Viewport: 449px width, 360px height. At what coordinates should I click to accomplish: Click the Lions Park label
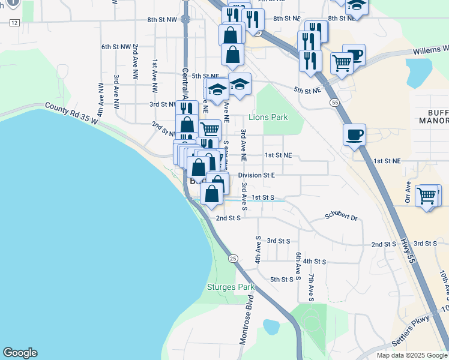[268, 118]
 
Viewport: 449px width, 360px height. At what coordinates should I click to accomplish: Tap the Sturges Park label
[231, 287]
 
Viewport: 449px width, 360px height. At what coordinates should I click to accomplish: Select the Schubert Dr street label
[341, 216]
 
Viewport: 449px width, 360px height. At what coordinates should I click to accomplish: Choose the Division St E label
[256, 175]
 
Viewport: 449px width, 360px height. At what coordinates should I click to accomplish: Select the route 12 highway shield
[14, 22]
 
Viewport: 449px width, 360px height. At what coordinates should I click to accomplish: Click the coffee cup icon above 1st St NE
[354, 134]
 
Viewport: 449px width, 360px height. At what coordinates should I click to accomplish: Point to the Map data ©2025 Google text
[412, 355]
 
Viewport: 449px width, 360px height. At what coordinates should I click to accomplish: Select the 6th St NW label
[116, 46]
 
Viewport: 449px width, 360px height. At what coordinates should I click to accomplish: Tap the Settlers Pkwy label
[415, 331]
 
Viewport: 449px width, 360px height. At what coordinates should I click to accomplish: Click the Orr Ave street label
[408, 193]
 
